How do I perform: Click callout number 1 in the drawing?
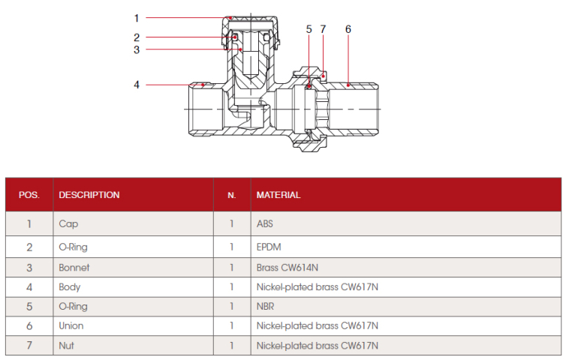click(137, 17)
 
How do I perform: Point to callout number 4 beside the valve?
click(137, 85)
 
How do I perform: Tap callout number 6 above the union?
click(348, 29)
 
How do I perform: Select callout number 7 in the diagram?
click(323, 29)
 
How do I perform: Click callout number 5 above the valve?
click(309, 29)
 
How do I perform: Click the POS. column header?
click(29, 195)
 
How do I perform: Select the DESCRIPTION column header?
click(89, 195)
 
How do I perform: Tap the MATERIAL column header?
click(278, 195)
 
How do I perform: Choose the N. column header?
click(231, 195)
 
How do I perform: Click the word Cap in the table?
click(68, 223)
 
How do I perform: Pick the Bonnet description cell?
click(74, 267)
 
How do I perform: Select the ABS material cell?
click(266, 223)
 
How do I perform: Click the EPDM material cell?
click(268, 246)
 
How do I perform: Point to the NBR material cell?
click(266, 306)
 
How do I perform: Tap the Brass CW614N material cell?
click(288, 267)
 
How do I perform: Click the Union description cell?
click(71, 325)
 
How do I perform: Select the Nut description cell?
click(67, 346)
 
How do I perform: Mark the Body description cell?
click(70, 286)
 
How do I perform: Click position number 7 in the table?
click(29, 346)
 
